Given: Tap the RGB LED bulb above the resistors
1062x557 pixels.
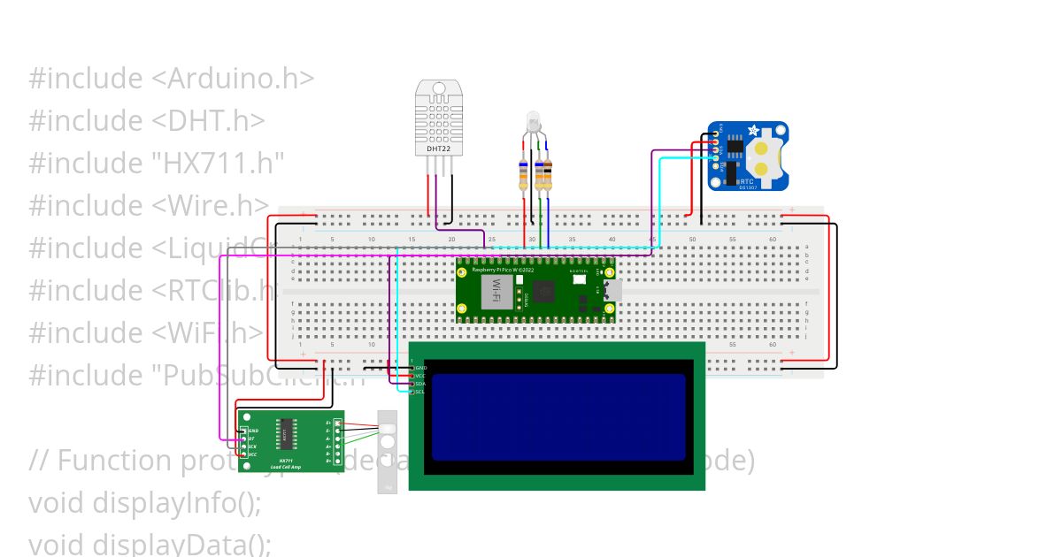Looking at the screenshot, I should [533, 120].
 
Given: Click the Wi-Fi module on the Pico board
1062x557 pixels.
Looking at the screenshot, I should [496, 291].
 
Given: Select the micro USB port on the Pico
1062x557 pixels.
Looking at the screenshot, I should [611, 289].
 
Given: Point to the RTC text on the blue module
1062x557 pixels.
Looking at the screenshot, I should [746, 180].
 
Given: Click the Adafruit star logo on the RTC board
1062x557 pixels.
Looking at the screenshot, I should [753, 131].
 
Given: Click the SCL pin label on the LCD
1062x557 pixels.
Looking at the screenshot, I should [420, 392].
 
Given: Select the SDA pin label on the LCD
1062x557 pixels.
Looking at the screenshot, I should [420, 384].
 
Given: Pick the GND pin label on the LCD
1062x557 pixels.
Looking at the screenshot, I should [420, 368].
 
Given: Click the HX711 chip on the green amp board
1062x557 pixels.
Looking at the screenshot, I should [286, 433].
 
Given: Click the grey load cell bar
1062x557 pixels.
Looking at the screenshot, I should [388, 451].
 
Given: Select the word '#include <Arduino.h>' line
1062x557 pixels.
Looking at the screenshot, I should [172, 79].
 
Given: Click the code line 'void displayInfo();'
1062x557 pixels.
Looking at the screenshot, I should [145, 502].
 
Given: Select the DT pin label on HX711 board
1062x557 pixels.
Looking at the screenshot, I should [251, 439].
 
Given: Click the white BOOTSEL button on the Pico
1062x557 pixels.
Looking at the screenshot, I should [580, 278].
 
